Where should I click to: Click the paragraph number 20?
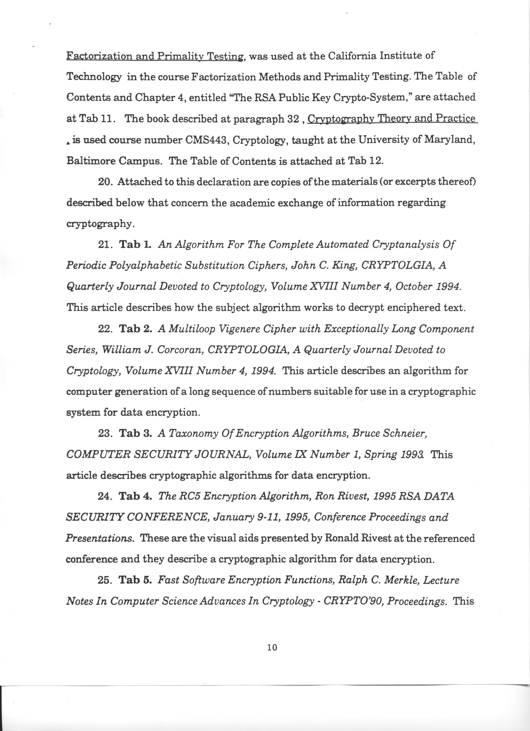coord(106,182)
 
